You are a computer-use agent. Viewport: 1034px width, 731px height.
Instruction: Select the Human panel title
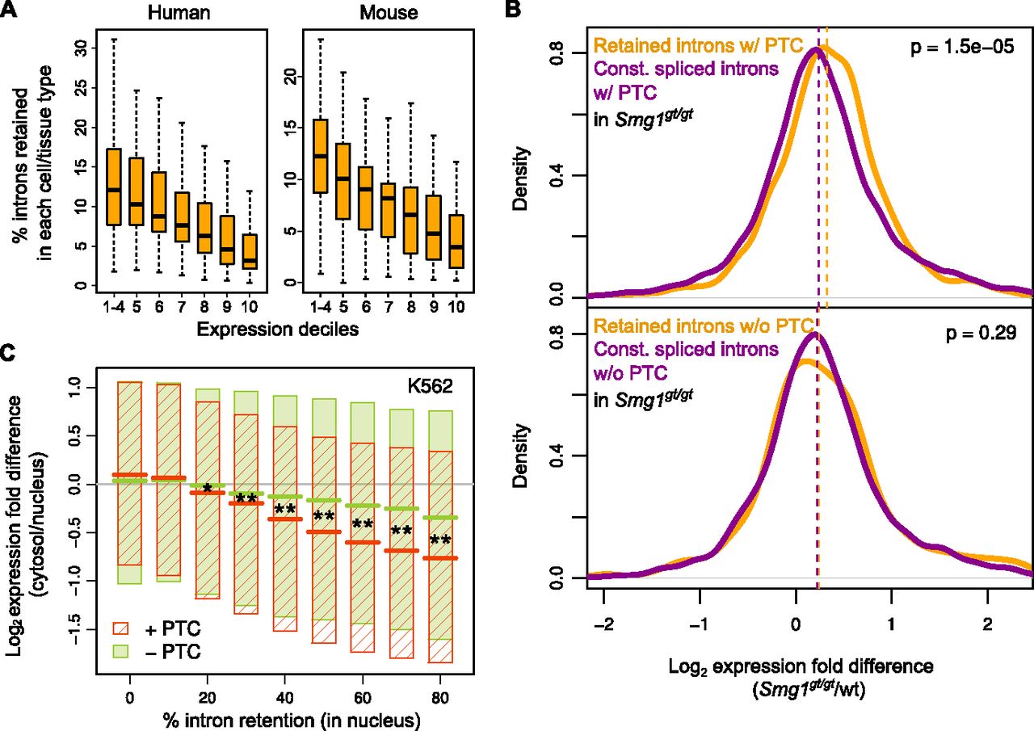click(x=166, y=14)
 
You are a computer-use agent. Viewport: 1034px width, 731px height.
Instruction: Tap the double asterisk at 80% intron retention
click(x=440, y=540)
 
